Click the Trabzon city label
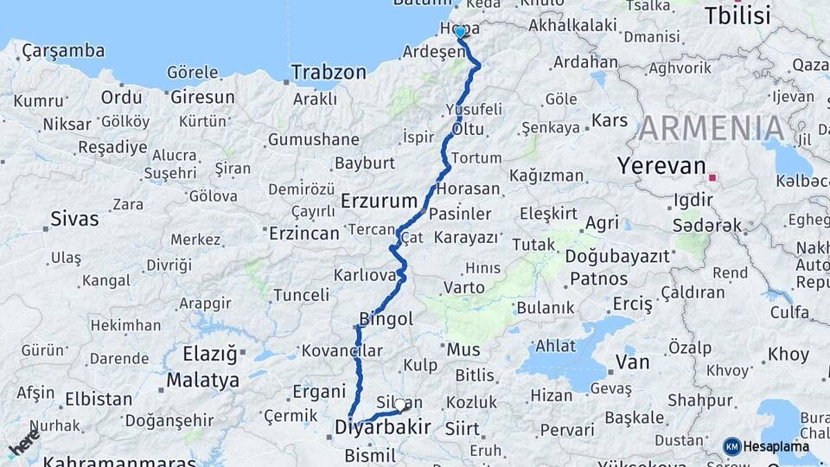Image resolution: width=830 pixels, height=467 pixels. click(329, 73)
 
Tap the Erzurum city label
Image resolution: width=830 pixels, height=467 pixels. click(380, 201)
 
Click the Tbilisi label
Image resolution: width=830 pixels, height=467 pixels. click(737, 16)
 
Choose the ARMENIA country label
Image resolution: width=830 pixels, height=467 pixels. click(712, 128)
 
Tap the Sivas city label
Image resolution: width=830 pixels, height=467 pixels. click(74, 219)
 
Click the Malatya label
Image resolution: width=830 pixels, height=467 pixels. click(203, 380)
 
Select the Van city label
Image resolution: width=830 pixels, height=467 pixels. click(632, 361)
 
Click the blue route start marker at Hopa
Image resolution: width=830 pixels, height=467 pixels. click(460, 32)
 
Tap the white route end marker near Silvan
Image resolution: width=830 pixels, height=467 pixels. click(399, 404)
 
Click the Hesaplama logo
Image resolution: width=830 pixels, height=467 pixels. click(767, 446)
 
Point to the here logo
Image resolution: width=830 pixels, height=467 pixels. click(23, 443)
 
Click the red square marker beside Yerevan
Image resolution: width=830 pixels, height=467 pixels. click(712, 177)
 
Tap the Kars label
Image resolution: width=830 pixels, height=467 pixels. click(610, 120)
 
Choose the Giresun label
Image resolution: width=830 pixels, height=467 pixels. click(202, 97)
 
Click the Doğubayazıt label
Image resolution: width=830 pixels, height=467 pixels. click(617, 256)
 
